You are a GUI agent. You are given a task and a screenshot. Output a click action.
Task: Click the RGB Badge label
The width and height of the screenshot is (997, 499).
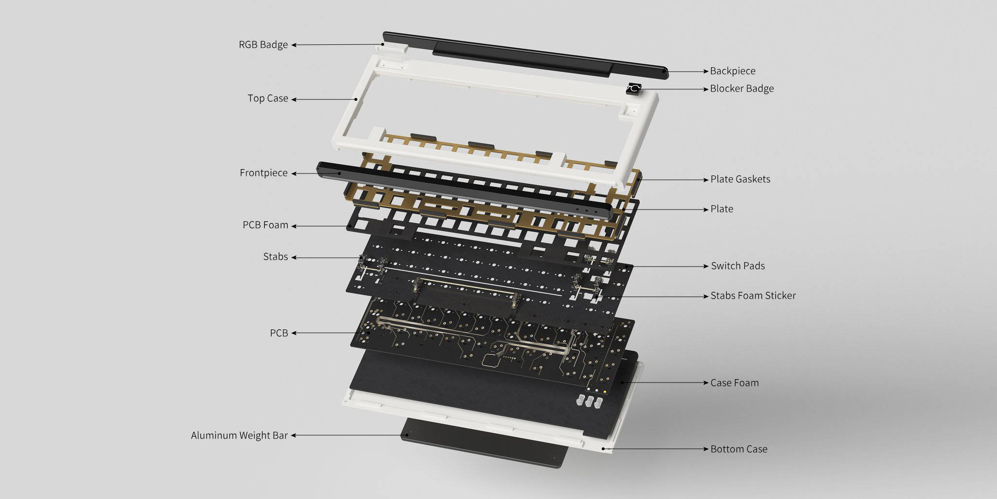(263, 45)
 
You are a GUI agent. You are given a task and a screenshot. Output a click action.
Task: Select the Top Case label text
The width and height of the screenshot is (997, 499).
(268, 98)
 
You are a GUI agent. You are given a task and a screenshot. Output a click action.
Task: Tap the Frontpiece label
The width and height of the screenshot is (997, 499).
(264, 173)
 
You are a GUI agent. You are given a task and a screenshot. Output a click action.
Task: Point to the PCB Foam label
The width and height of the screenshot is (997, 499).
(265, 225)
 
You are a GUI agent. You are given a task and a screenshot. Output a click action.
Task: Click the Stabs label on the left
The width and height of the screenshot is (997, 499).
(276, 257)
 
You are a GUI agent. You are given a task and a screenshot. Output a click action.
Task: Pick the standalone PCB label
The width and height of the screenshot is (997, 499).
(279, 333)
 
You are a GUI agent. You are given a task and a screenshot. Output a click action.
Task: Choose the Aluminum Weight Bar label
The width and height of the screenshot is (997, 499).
(240, 435)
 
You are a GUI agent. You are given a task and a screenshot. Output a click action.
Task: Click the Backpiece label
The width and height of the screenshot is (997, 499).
(733, 71)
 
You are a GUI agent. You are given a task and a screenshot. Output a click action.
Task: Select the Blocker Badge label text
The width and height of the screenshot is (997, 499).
(742, 89)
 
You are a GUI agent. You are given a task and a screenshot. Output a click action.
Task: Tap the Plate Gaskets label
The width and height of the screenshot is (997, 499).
(740, 179)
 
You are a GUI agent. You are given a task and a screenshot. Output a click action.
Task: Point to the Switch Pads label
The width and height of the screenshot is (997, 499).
(738, 266)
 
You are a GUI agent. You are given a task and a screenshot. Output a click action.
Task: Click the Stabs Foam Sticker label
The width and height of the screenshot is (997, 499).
(753, 296)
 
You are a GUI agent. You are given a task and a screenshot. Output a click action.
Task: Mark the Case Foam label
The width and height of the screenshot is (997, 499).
(735, 383)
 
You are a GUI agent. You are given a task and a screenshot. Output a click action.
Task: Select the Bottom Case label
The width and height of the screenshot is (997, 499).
(739, 449)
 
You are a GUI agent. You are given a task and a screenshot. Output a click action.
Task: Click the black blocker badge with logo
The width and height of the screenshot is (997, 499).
(634, 89)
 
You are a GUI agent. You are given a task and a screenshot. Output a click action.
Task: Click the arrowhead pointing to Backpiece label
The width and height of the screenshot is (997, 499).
(706, 71)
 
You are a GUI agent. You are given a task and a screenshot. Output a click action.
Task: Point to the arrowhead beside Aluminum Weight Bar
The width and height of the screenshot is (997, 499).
(294, 435)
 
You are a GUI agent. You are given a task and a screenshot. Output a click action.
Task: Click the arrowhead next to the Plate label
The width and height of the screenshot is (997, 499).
(706, 210)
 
